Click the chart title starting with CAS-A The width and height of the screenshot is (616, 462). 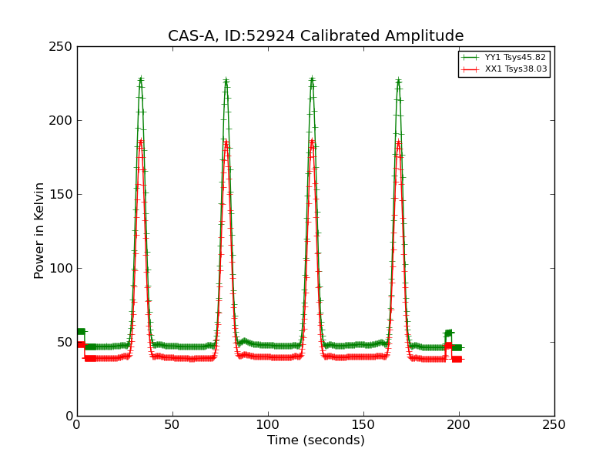click(x=316, y=36)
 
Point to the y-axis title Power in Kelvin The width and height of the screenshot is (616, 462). click(x=39, y=230)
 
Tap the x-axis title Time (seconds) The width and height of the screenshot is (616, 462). click(x=316, y=440)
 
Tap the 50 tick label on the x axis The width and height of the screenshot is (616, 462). click(x=172, y=424)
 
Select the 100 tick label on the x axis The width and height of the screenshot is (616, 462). click(x=268, y=424)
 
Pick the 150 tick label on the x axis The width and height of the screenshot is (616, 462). click(x=363, y=424)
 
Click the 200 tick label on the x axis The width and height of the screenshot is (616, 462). click(x=459, y=424)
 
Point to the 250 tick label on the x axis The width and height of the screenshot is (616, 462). click(x=554, y=424)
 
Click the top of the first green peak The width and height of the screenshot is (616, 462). click(x=140, y=79)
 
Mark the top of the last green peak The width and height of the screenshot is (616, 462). click(x=398, y=79)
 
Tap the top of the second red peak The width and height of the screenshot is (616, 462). click(x=226, y=141)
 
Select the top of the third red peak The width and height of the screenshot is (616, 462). click(x=312, y=140)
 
